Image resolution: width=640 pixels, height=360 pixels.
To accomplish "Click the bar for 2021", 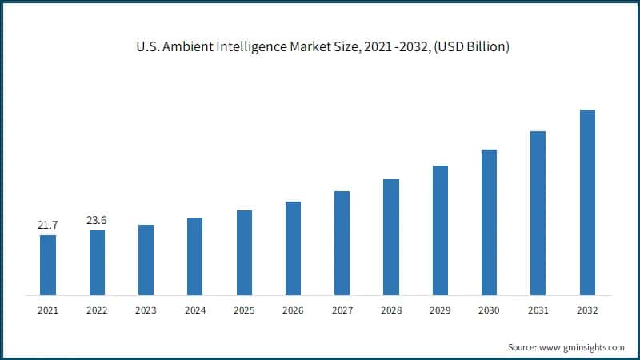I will [48, 265].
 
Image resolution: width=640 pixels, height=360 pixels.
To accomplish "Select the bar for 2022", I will [97, 262].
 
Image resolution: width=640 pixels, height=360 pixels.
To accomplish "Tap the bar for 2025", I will [244, 252].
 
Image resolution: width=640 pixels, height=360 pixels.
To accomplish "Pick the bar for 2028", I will [391, 237].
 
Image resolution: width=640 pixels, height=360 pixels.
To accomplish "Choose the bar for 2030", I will [489, 222].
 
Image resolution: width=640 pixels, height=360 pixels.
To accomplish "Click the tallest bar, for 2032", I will [587, 202].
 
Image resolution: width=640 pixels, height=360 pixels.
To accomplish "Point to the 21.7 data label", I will [48, 226].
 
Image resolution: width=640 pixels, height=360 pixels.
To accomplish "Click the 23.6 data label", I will [97, 221].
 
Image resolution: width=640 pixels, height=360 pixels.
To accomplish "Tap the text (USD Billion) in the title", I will [470, 47].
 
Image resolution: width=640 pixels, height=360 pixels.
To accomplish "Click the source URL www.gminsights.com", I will [582, 347].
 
